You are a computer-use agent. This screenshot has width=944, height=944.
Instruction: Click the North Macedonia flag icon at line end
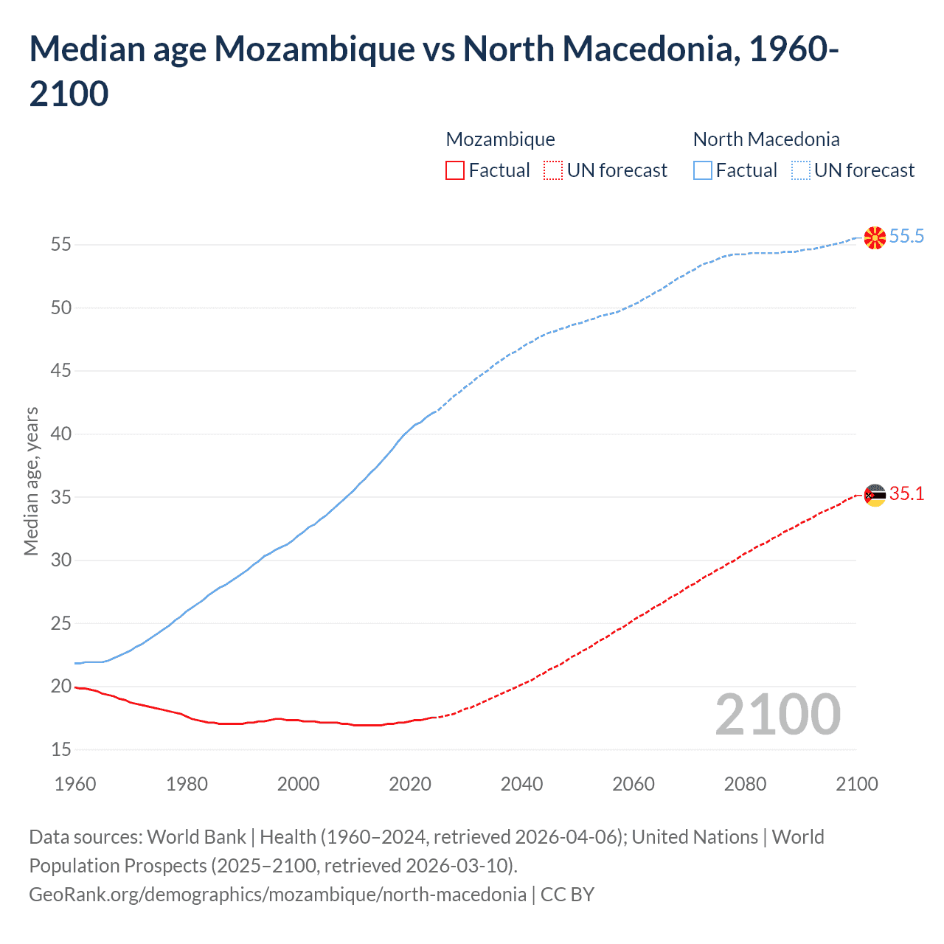[x=875, y=237]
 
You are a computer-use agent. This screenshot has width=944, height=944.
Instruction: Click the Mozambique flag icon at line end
[x=875, y=495]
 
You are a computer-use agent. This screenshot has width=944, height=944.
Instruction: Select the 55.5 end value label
[x=906, y=237]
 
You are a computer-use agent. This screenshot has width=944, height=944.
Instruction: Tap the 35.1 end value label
[x=906, y=494]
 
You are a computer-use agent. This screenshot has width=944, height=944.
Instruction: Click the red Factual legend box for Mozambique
[x=455, y=170]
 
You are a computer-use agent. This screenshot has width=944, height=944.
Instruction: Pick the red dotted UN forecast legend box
[x=553, y=170]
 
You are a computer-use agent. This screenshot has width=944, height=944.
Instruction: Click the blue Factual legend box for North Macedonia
[x=702, y=170]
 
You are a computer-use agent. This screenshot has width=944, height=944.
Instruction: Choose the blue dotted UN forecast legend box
[x=800, y=170]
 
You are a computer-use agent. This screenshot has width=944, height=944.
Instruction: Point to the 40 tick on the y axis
[x=61, y=434]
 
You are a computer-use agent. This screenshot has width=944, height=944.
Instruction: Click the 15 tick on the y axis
[x=61, y=749]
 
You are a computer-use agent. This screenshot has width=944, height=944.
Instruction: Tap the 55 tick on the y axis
[x=61, y=244]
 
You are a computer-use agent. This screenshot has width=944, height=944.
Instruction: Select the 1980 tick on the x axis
[x=187, y=784]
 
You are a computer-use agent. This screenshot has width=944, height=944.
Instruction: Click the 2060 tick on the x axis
[x=634, y=784]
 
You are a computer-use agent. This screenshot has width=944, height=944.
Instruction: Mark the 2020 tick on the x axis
[x=410, y=784]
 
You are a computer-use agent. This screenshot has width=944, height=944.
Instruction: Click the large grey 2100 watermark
[x=777, y=714]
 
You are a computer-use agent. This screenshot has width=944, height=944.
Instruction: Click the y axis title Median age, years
[x=31, y=481]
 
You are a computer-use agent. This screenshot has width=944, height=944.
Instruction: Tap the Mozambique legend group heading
[x=500, y=139]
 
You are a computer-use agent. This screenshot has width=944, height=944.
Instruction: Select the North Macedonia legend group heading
[x=766, y=139]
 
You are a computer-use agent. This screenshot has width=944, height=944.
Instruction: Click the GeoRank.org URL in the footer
[x=277, y=895]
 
